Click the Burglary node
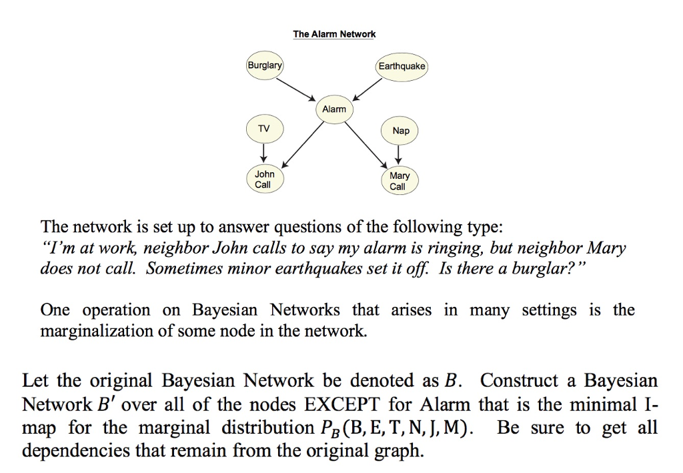[x=265, y=66]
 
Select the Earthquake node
[x=402, y=66]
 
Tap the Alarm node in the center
[x=334, y=109]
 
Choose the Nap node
[x=401, y=131]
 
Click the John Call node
[x=264, y=179]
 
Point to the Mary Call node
[x=399, y=181]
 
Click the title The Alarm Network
[x=334, y=34]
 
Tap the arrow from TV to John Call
[x=265, y=152]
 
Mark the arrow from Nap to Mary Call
[x=399, y=154]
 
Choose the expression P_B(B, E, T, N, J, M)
[x=409, y=428]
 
